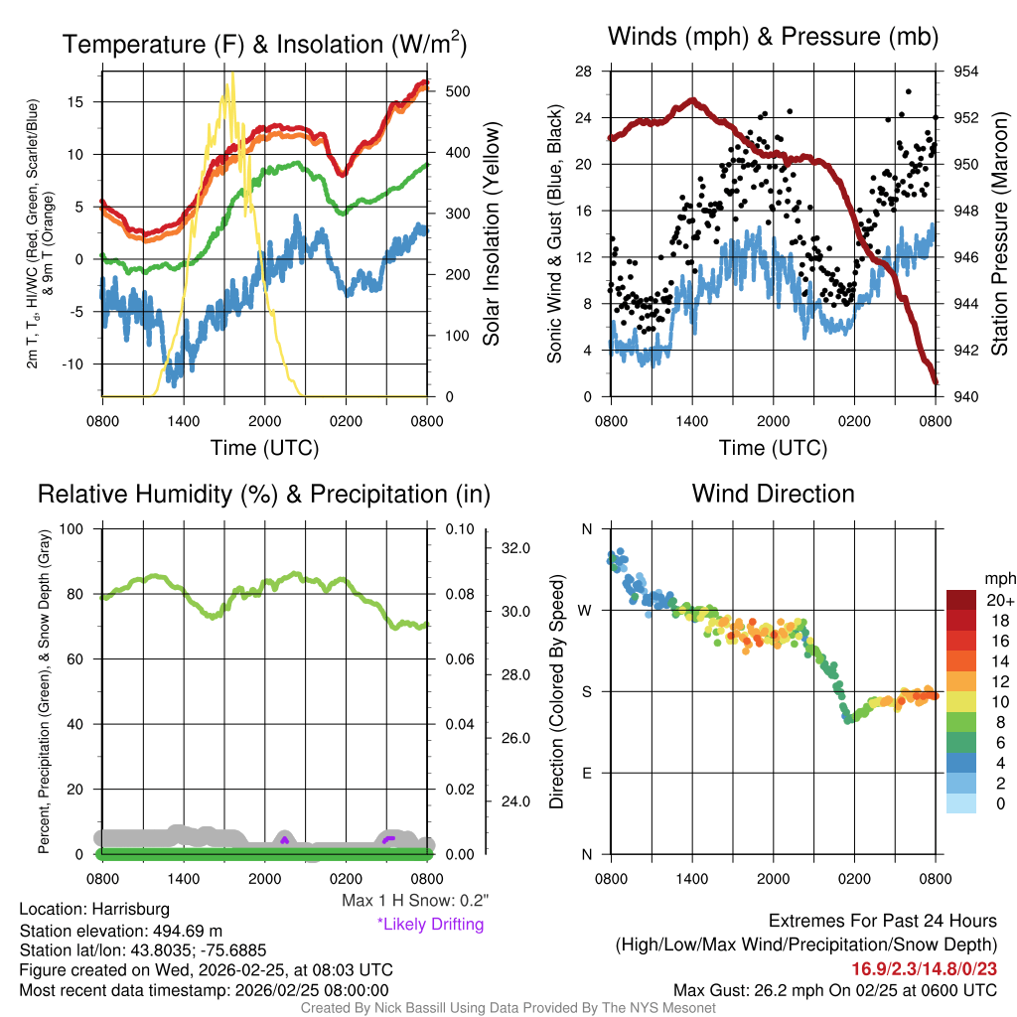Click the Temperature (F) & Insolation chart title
[264, 44]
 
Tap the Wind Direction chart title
[773, 494]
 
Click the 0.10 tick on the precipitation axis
[457, 529]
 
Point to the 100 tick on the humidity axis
[72, 529]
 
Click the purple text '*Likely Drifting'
[430, 924]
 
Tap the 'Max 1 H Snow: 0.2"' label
[414, 901]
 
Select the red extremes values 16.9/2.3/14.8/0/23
[924, 968]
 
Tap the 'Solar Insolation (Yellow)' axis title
[491, 234]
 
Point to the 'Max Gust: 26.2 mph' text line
[835, 989]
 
